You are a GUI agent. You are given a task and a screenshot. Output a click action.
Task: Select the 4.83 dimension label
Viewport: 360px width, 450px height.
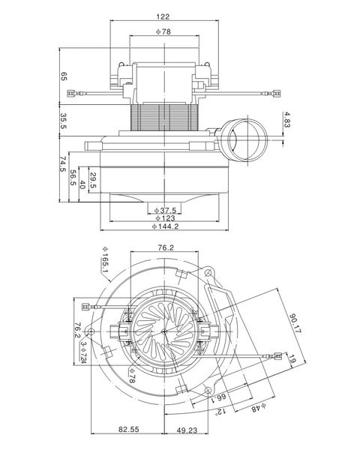pos(286,120)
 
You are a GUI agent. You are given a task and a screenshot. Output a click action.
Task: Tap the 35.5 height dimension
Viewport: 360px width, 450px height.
pos(64,121)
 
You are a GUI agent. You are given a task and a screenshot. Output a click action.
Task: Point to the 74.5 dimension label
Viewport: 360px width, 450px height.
pos(63,163)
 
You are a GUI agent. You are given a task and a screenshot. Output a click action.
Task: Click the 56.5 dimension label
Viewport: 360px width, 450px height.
pos(73,178)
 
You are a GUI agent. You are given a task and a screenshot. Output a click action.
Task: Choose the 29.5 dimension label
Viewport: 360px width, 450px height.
pos(93,180)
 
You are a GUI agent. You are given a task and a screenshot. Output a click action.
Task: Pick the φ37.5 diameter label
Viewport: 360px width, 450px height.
pos(165,211)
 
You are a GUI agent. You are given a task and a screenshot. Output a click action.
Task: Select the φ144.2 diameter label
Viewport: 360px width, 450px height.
pos(165,226)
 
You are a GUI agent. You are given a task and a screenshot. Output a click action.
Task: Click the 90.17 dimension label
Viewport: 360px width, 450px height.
pos(295,323)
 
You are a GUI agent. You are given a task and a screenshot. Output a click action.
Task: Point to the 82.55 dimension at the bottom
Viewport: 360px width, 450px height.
pos(129,429)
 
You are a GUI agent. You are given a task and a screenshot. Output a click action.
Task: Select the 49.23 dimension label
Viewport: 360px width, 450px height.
pos(187,430)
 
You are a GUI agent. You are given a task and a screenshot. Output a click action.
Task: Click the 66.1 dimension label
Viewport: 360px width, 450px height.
pos(219,398)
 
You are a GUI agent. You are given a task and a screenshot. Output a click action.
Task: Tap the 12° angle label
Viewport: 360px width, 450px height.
pos(220,412)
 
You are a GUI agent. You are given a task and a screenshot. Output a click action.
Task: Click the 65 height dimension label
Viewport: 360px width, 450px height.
pos(64,76)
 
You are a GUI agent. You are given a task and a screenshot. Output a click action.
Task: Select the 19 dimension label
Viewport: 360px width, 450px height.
pos(292,359)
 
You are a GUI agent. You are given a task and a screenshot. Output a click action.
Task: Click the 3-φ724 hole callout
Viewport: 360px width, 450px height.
pos(83,352)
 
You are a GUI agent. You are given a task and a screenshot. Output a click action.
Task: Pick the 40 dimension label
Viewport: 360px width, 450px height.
pos(82,184)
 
